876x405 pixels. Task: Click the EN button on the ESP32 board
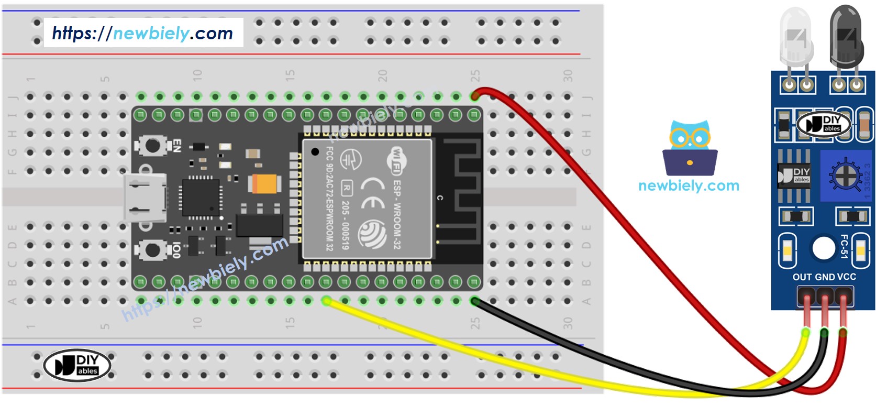(152, 145)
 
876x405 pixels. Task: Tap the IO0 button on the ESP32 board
(152, 250)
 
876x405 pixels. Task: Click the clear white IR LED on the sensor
(796, 39)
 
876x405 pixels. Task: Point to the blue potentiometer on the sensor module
(845, 175)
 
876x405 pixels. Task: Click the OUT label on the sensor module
(802, 277)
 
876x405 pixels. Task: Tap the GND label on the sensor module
(825, 277)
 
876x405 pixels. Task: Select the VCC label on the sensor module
(847, 277)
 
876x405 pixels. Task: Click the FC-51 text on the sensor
(844, 246)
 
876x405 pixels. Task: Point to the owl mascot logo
(690, 149)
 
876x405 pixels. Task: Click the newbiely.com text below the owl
(689, 185)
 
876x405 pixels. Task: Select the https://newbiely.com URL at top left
(142, 33)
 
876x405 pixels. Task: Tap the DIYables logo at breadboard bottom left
(77, 365)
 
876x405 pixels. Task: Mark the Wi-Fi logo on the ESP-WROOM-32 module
(397, 160)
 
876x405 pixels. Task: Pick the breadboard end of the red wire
(475, 95)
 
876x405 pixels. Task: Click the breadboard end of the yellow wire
(327, 301)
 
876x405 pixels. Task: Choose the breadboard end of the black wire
(475, 301)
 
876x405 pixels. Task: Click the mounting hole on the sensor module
(823, 248)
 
